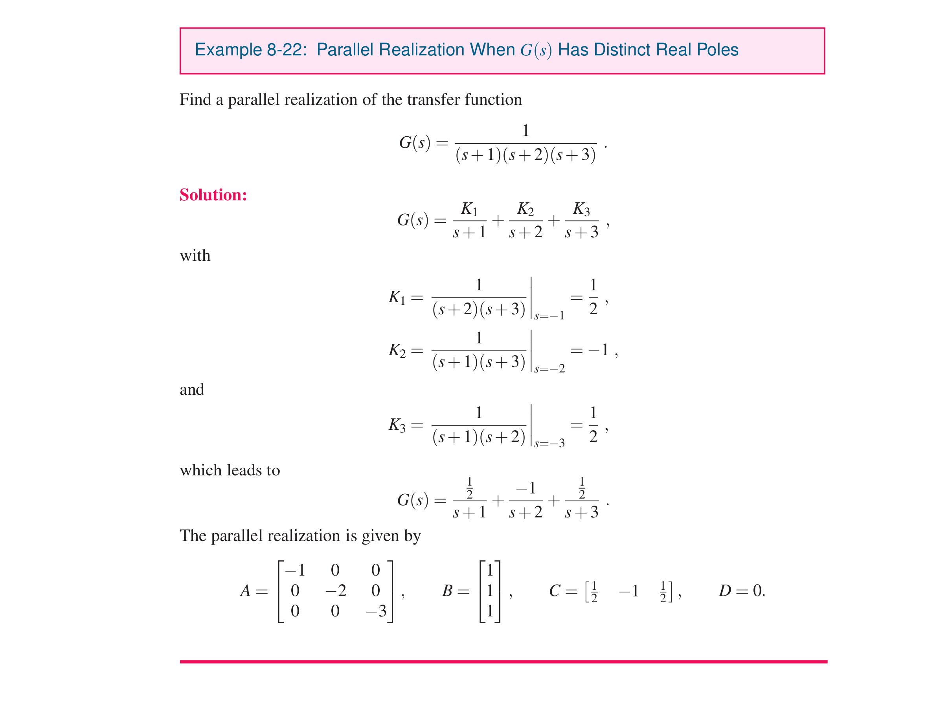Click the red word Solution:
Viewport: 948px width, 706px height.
click(213, 195)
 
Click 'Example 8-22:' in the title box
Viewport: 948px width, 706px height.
click(250, 50)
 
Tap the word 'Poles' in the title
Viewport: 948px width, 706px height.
click(717, 50)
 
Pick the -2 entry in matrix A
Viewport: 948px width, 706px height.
click(336, 590)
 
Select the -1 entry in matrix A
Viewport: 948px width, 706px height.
click(295, 570)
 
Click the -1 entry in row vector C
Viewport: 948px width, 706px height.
click(628, 590)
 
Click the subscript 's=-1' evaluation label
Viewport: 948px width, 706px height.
click(549, 316)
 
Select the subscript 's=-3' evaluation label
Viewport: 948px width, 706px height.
click(549, 443)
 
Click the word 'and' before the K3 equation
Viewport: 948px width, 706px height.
click(191, 389)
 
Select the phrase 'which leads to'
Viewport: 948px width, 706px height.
click(230, 470)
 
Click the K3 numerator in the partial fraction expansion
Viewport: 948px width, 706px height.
click(581, 209)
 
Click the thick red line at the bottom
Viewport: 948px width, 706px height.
click(503, 661)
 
